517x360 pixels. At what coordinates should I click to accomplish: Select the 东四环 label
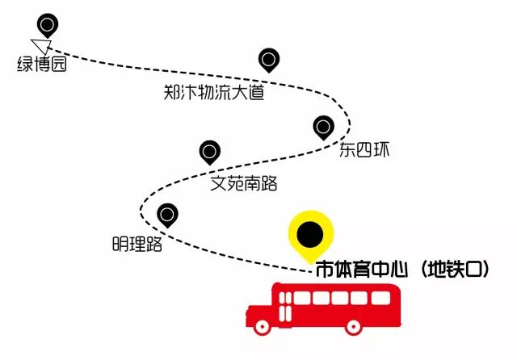tap(343, 150)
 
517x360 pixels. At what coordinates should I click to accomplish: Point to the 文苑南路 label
tap(243, 184)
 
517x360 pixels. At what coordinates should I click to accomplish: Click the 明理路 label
tap(137, 244)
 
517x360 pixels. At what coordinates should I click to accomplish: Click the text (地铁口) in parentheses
tap(452, 269)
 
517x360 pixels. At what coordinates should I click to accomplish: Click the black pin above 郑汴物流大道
tap(269, 59)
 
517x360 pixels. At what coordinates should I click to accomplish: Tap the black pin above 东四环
tap(323, 127)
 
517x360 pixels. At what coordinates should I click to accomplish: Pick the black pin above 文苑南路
tap(210, 151)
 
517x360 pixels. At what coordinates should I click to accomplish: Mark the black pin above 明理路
tap(168, 215)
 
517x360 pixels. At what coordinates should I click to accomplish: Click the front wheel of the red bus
tap(262, 327)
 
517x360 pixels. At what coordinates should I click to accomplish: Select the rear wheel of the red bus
tap(353, 327)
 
